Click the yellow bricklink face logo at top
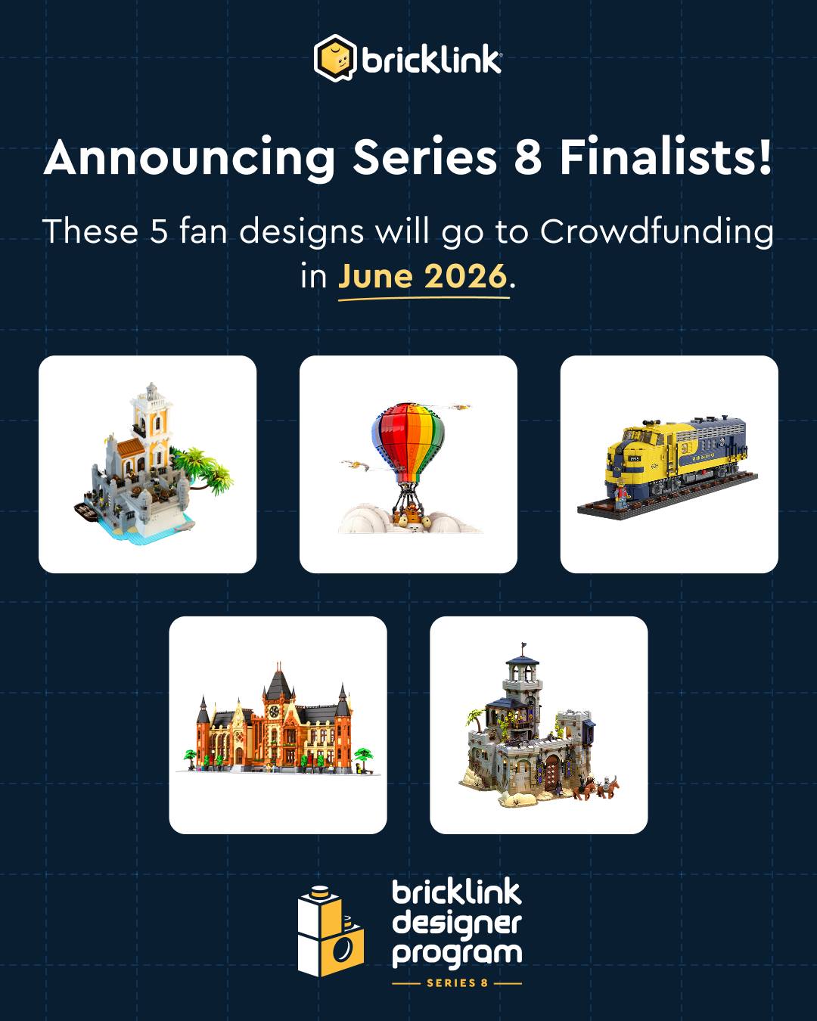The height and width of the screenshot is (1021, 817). pos(334,58)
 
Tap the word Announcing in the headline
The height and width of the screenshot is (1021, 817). pos(189,159)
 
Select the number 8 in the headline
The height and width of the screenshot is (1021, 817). pos(528,157)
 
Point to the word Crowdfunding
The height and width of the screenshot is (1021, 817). pos(657,232)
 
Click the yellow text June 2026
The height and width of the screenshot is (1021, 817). pos(423,275)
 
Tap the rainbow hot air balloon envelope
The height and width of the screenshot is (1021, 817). pos(408,436)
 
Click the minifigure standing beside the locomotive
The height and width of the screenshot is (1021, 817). pos(622,495)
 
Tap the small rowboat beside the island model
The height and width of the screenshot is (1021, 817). pos(87,511)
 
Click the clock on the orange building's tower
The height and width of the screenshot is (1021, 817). pos(274,712)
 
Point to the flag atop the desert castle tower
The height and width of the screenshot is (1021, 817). pos(524,645)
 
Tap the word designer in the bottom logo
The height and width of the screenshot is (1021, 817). pos(457,923)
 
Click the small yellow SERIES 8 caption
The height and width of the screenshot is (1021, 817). pos(457,983)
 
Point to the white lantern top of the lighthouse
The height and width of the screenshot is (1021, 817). pos(151,392)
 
